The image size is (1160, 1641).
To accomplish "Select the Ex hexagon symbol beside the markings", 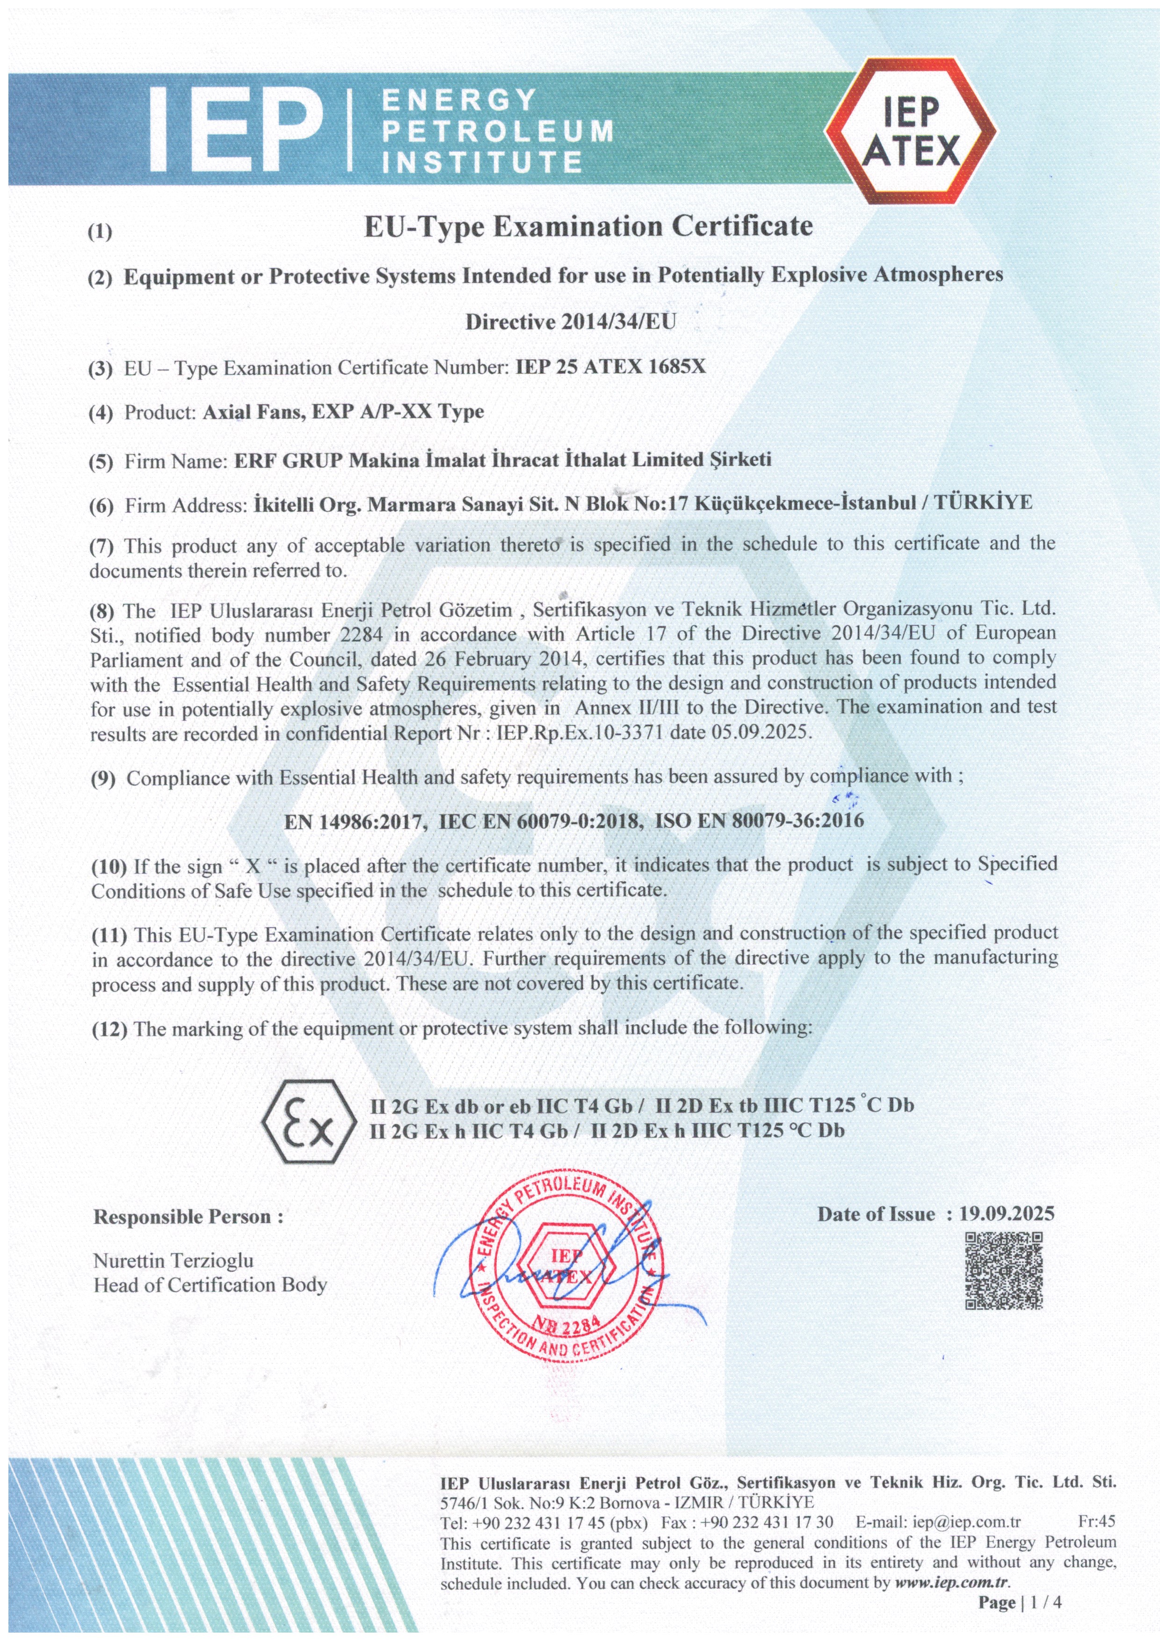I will (309, 1121).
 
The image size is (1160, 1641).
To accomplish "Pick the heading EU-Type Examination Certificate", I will (588, 227).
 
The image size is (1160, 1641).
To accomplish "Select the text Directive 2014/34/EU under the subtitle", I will (570, 322).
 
